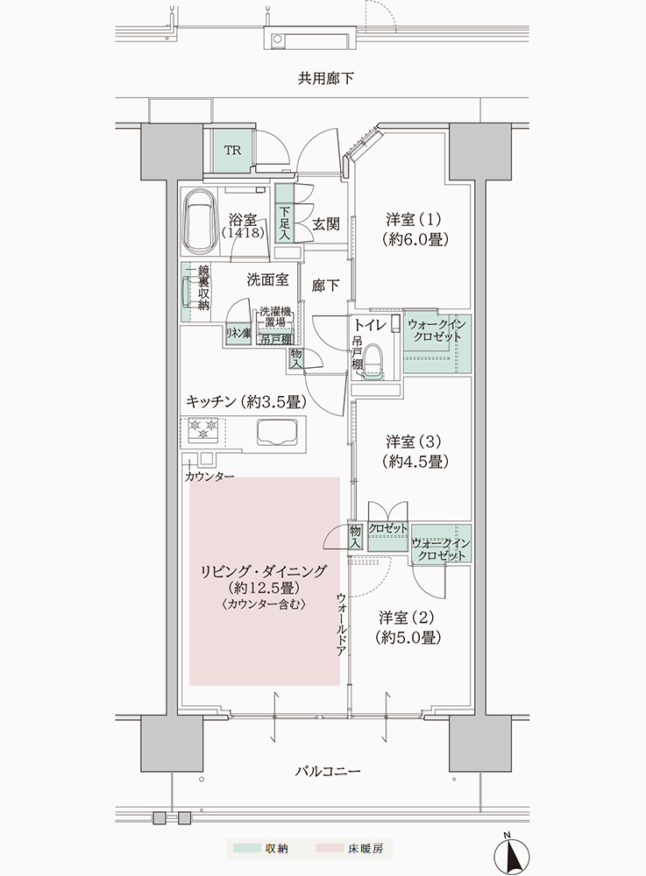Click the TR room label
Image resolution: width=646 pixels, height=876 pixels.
(x=232, y=151)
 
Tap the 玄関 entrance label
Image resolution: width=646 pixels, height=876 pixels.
(x=325, y=224)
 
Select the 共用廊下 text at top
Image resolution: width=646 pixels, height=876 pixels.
(x=325, y=78)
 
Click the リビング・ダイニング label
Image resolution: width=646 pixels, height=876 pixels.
(x=264, y=571)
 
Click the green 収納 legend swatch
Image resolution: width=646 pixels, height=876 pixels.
(x=247, y=848)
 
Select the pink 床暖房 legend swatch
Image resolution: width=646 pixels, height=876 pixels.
(x=330, y=848)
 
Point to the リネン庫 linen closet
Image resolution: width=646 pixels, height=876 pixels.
(x=238, y=334)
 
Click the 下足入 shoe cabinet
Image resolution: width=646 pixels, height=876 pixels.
(x=285, y=215)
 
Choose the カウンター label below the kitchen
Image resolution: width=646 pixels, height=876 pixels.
(x=209, y=477)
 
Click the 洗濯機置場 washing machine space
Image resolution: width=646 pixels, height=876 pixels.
(x=275, y=317)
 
